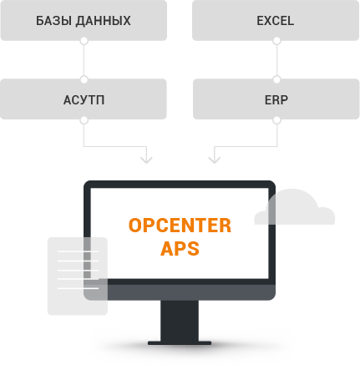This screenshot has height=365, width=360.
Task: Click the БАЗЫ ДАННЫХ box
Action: (x=84, y=20)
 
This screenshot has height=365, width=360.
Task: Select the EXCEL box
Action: (x=276, y=20)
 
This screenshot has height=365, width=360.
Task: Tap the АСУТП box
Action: (x=84, y=99)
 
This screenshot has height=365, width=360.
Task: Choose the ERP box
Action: (x=276, y=99)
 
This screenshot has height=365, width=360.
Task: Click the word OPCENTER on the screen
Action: (x=180, y=226)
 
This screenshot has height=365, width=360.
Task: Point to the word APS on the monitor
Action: (x=180, y=248)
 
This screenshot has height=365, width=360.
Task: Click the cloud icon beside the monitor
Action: (x=295, y=206)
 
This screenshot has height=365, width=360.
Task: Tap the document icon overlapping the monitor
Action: (x=78, y=276)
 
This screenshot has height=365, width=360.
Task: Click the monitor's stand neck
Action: (x=180, y=321)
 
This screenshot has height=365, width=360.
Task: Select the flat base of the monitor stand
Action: (x=180, y=343)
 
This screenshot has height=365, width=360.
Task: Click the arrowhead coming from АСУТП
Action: (x=146, y=160)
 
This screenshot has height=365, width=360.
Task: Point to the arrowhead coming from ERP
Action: (x=215, y=160)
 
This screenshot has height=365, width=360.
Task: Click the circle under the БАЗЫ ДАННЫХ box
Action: (x=84, y=41)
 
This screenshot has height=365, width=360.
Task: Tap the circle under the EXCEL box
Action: (x=276, y=41)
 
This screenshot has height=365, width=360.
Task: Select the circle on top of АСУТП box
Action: (x=84, y=79)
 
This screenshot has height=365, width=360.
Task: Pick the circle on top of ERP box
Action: (x=276, y=79)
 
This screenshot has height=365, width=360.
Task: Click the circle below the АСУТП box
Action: (x=84, y=120)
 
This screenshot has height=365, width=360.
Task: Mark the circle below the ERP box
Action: (x=276, y=120)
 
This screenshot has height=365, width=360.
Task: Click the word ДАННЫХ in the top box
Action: (x=103, y=21)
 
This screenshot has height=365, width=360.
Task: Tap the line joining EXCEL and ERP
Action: (x=276, y=60)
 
